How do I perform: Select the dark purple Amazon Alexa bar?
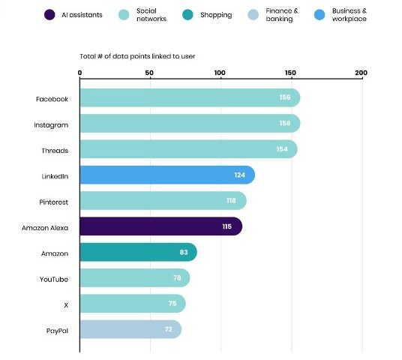pyautogui.click(x=160, y=226)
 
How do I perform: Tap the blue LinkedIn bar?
pyautogui.click(x=166, y=175)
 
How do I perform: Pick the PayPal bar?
pyautogui.click(x=130, y=329)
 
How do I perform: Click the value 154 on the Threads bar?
pyautogui.click(x=283, y=149)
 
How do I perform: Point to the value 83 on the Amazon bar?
pyautogui.click(x=184, y=253)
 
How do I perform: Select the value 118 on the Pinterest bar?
pyautogui.click(x=232, y=201)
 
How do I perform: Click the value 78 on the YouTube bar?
pyautogui.click(x=176, y=278)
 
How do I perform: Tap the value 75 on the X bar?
pyautogui.click(x=172, y=304)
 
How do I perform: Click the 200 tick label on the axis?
pyautogui.click(x=361, y=73)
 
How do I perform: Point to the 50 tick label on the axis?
pyautogui.click(x=150, y=73)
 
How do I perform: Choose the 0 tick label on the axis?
pyautogui.click(x=79, y=73)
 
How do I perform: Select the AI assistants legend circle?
pyautogui.click(x=49, y=14)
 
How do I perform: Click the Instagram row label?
pyautogui.click(x=52, y=124)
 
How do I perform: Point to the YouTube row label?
pyautogui.click(x=54, y=279)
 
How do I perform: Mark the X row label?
pyautogui.click(x=65, y=304)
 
